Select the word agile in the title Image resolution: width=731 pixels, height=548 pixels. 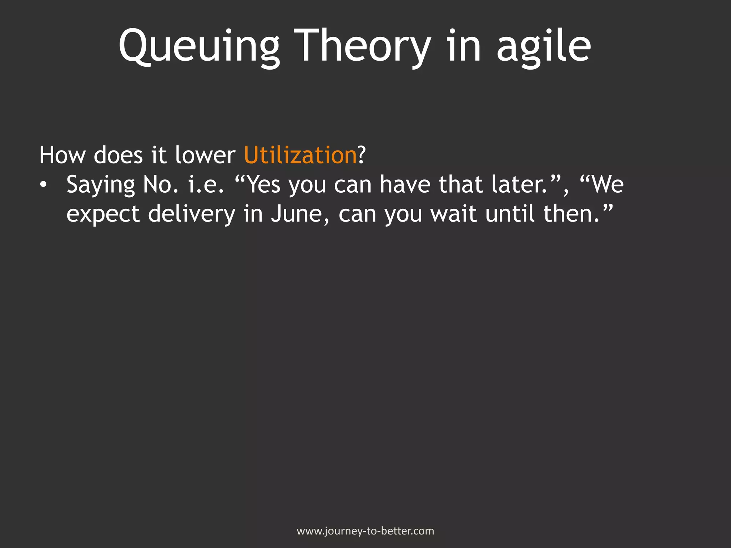click(543, 46)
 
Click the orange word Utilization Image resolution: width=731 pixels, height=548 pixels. click(300, 155)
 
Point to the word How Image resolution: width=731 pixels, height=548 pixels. click(62, 155)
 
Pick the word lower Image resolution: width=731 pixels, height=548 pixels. click(205, 155)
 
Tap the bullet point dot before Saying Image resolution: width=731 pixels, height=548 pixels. click(43, 185)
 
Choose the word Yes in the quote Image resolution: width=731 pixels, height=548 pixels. click(263, 185)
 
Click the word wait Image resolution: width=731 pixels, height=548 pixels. click(453, 214)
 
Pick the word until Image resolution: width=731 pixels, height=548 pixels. click(510, 214)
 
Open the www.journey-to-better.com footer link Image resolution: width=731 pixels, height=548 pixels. click(365, 531)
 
